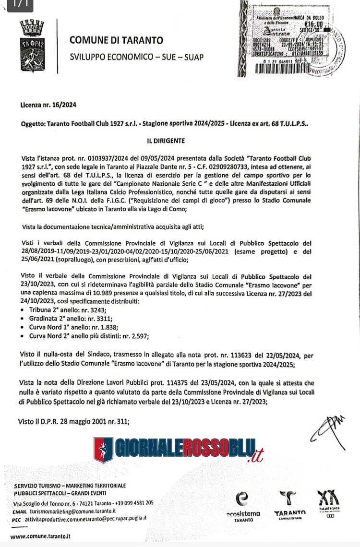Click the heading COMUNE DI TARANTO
pyautogui.click(x=116, y=41)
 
